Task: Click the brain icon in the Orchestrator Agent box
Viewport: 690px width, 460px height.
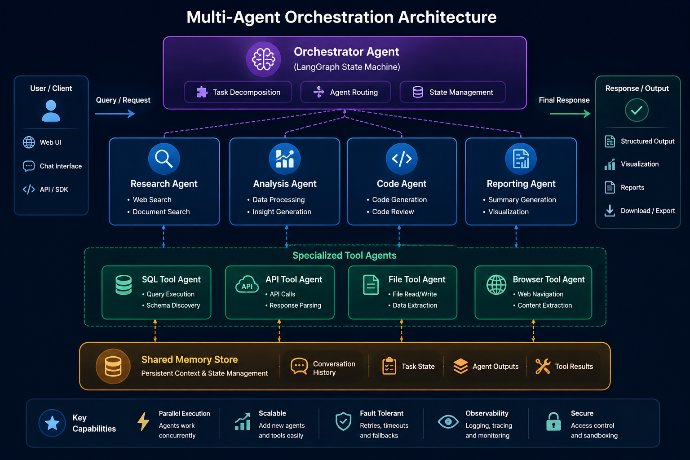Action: tap(263, 59)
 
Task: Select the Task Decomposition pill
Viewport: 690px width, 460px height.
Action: tap(238, 92)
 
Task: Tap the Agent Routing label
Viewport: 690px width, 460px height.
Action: tap(354, 92)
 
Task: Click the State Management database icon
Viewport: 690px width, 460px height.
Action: tap(418, 92)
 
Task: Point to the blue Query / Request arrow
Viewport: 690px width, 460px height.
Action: tap(115, 114)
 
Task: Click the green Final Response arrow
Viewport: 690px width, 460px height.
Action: tap(570, 114)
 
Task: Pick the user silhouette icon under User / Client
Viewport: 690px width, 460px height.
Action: tap(51, 111)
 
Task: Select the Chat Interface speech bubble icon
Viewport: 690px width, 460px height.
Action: tap(29, 166)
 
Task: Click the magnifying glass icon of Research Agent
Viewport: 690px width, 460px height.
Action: tap(164, 159)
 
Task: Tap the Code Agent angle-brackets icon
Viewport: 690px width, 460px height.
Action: tap(402, 159)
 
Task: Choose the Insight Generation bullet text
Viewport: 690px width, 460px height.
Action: tap(282, 212)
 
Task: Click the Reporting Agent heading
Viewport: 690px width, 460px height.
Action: tap(521, 184)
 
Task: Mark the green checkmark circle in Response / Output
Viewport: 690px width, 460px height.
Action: tap(637, 110)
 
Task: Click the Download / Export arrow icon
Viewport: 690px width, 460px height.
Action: tap(610, 211)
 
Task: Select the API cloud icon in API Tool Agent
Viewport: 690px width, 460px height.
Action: tap(247, 284)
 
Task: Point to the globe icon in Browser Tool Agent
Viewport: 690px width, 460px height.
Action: tap(496, 285)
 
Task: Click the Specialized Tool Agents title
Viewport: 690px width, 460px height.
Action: tap(345, 256)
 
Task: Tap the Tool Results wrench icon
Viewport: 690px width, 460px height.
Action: tap(543, 366)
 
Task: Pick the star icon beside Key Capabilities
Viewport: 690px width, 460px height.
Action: tap(52, 423)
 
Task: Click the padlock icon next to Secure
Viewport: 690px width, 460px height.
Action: tap(553, 421)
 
